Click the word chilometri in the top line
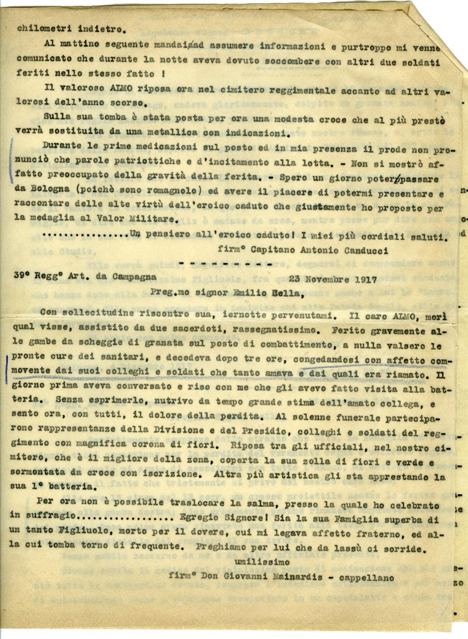[x=39, y=27]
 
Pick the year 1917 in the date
[x=365, y=279]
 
